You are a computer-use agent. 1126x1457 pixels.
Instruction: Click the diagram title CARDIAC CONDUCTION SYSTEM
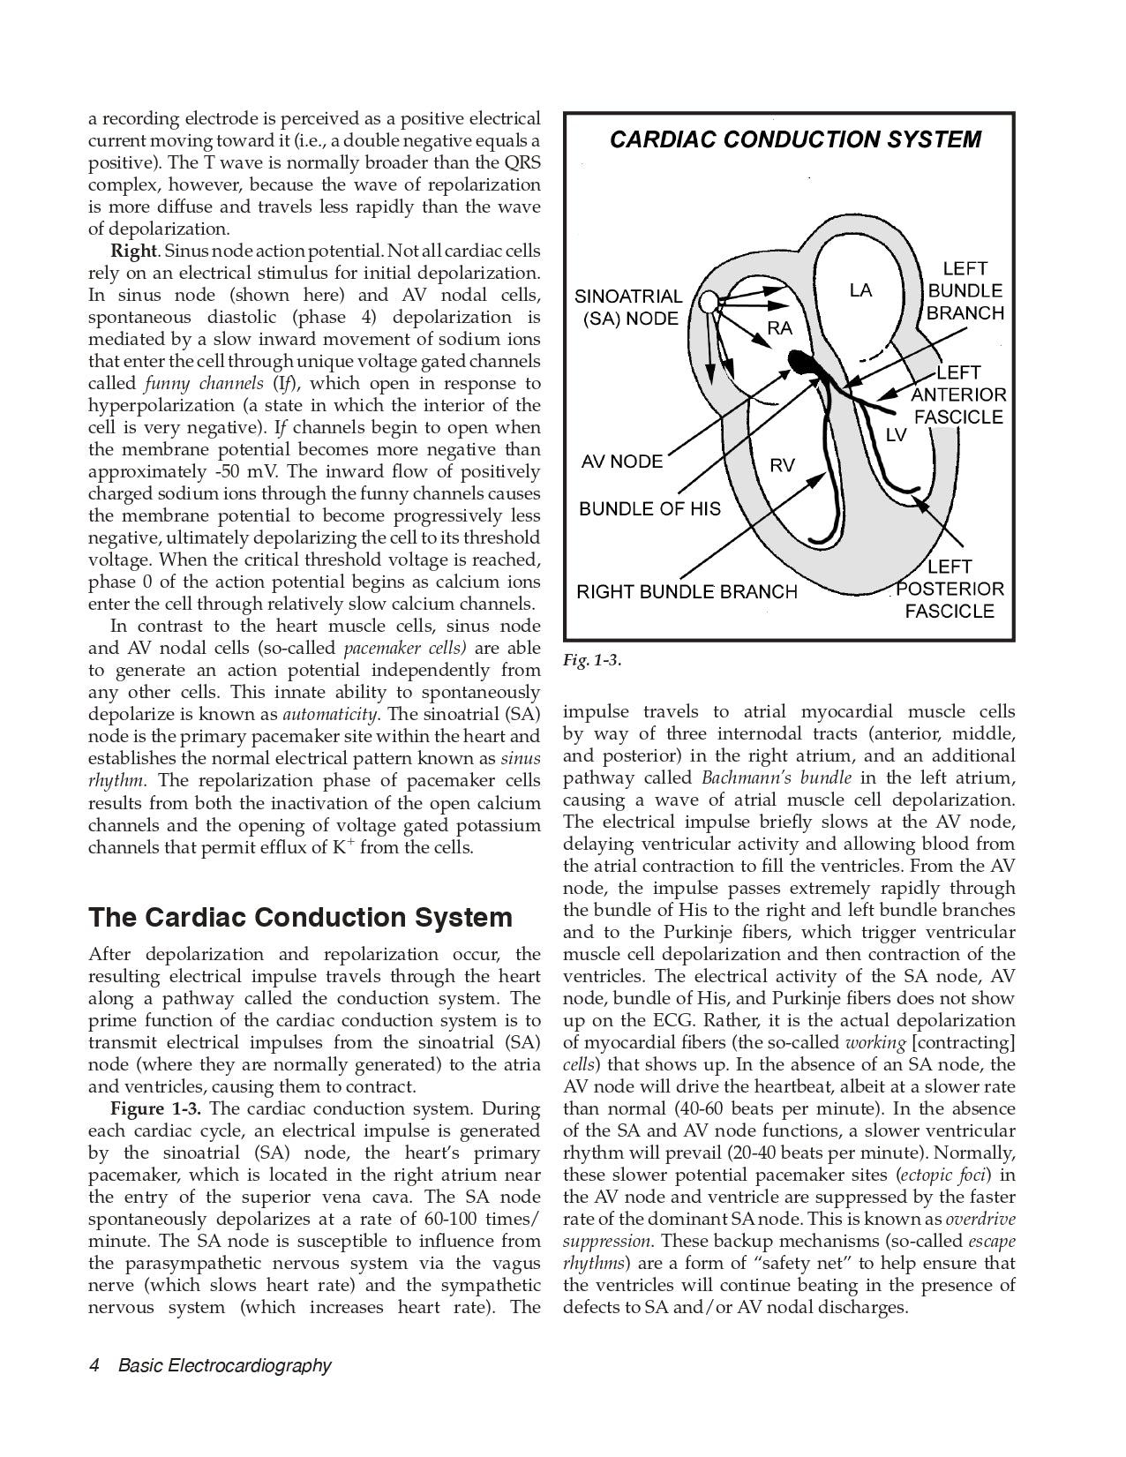click(795, 139)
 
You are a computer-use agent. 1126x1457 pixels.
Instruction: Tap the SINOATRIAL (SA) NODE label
click(628, 307)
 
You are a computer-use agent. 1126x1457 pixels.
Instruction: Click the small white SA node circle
click(708, 303)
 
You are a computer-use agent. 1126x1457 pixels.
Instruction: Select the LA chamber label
click(860, 290)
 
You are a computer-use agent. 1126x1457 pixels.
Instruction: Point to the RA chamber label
click(780, 328)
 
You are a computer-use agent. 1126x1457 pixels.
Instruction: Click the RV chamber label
click(782, 465)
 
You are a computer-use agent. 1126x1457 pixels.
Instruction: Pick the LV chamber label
click(896, 434)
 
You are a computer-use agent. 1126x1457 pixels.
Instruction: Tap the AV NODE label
click(621, 462)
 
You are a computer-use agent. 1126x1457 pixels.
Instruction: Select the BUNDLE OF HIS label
click(649, 509)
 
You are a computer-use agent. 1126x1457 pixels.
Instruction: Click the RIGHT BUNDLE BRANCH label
click(687, 592)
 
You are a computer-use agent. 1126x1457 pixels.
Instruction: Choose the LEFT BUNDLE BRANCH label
click(965, 290)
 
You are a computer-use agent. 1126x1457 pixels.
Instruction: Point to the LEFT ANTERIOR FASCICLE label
click(958, 394)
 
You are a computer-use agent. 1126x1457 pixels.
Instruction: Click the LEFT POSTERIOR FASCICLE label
click(950, 589)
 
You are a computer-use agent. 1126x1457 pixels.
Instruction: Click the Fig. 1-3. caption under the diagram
click(592, 659)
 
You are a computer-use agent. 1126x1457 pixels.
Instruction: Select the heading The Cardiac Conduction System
click(300, 918)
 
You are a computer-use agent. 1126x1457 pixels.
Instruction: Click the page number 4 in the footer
click(94, 1365)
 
